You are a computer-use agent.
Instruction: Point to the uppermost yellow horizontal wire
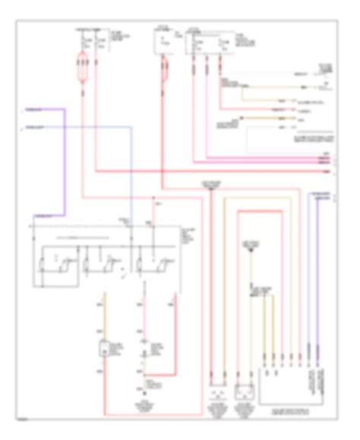266,88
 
